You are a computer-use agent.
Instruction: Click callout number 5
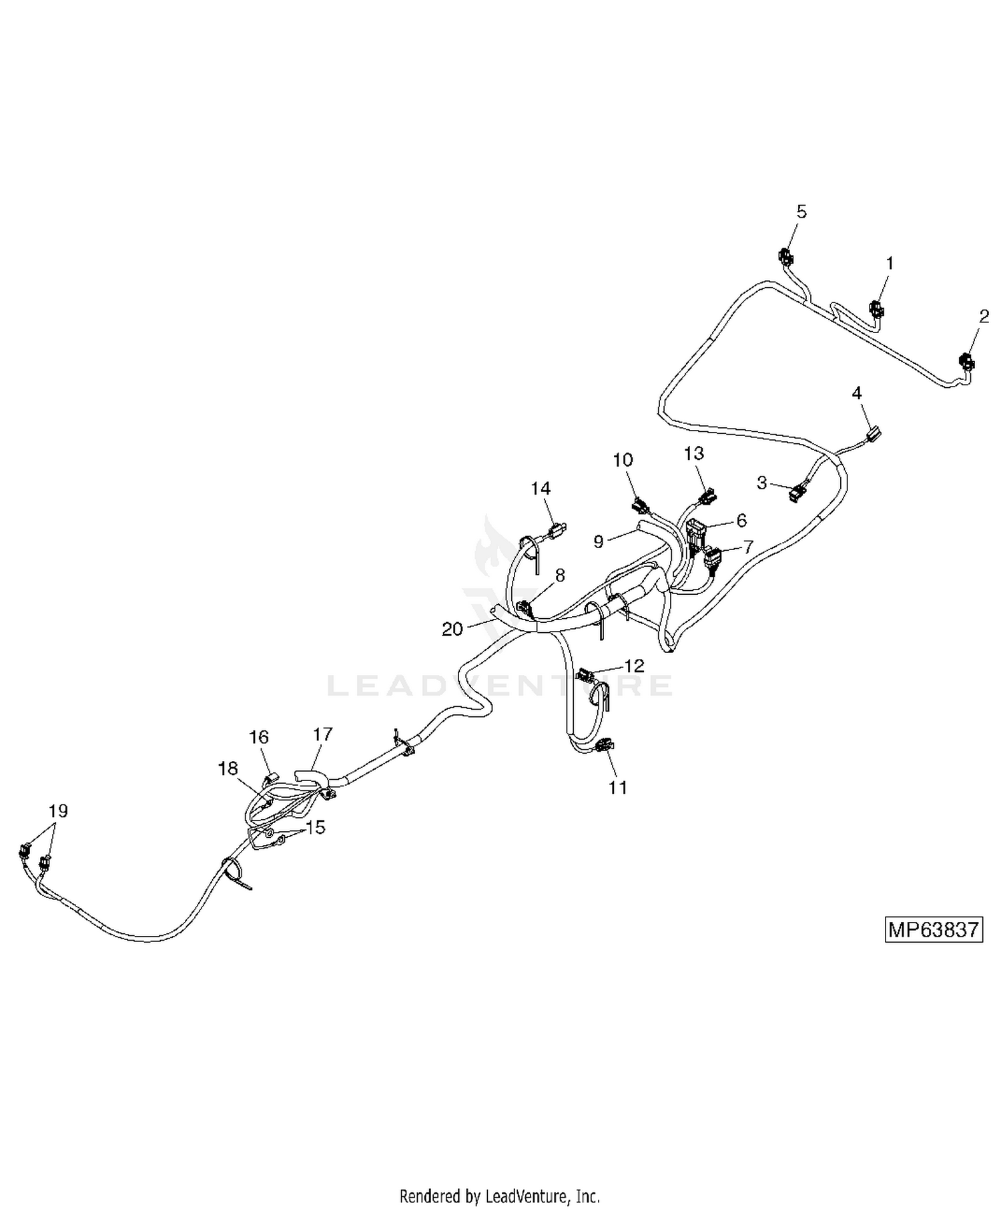click(801, 212)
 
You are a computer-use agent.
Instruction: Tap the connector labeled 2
click(966, 362)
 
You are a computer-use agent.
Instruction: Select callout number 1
click(890, 264)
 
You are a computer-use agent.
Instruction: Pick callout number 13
click(694, 453)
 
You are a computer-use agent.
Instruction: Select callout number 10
click(623, 460)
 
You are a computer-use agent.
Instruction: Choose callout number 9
click(599, 541)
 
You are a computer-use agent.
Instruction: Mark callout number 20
click(452, 629)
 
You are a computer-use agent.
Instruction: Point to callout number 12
click(635, 666)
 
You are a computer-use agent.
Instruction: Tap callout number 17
click(323, 734)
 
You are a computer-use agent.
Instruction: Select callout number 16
click(259, 737)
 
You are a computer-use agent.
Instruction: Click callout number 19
click(58, 811)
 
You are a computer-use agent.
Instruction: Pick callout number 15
click(315, 828)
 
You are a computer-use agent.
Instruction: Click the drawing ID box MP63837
click(934, 930)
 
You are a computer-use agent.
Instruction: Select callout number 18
click(228, 768)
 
